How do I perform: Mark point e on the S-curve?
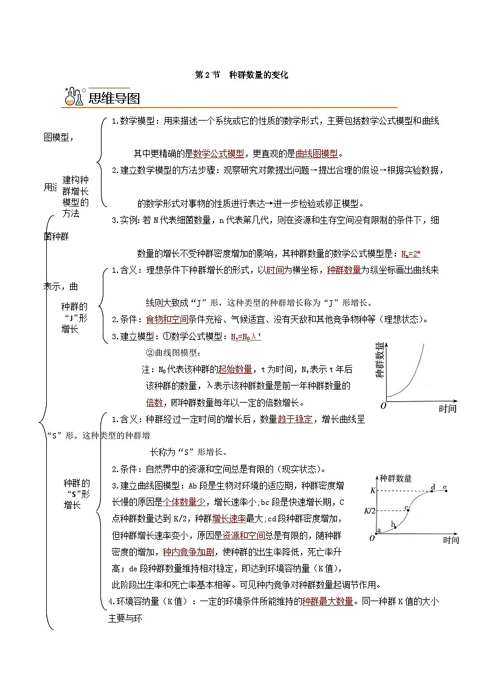pos(446,490)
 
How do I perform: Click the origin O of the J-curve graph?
pos(383,405)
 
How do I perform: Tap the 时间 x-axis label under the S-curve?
pos(451,540)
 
